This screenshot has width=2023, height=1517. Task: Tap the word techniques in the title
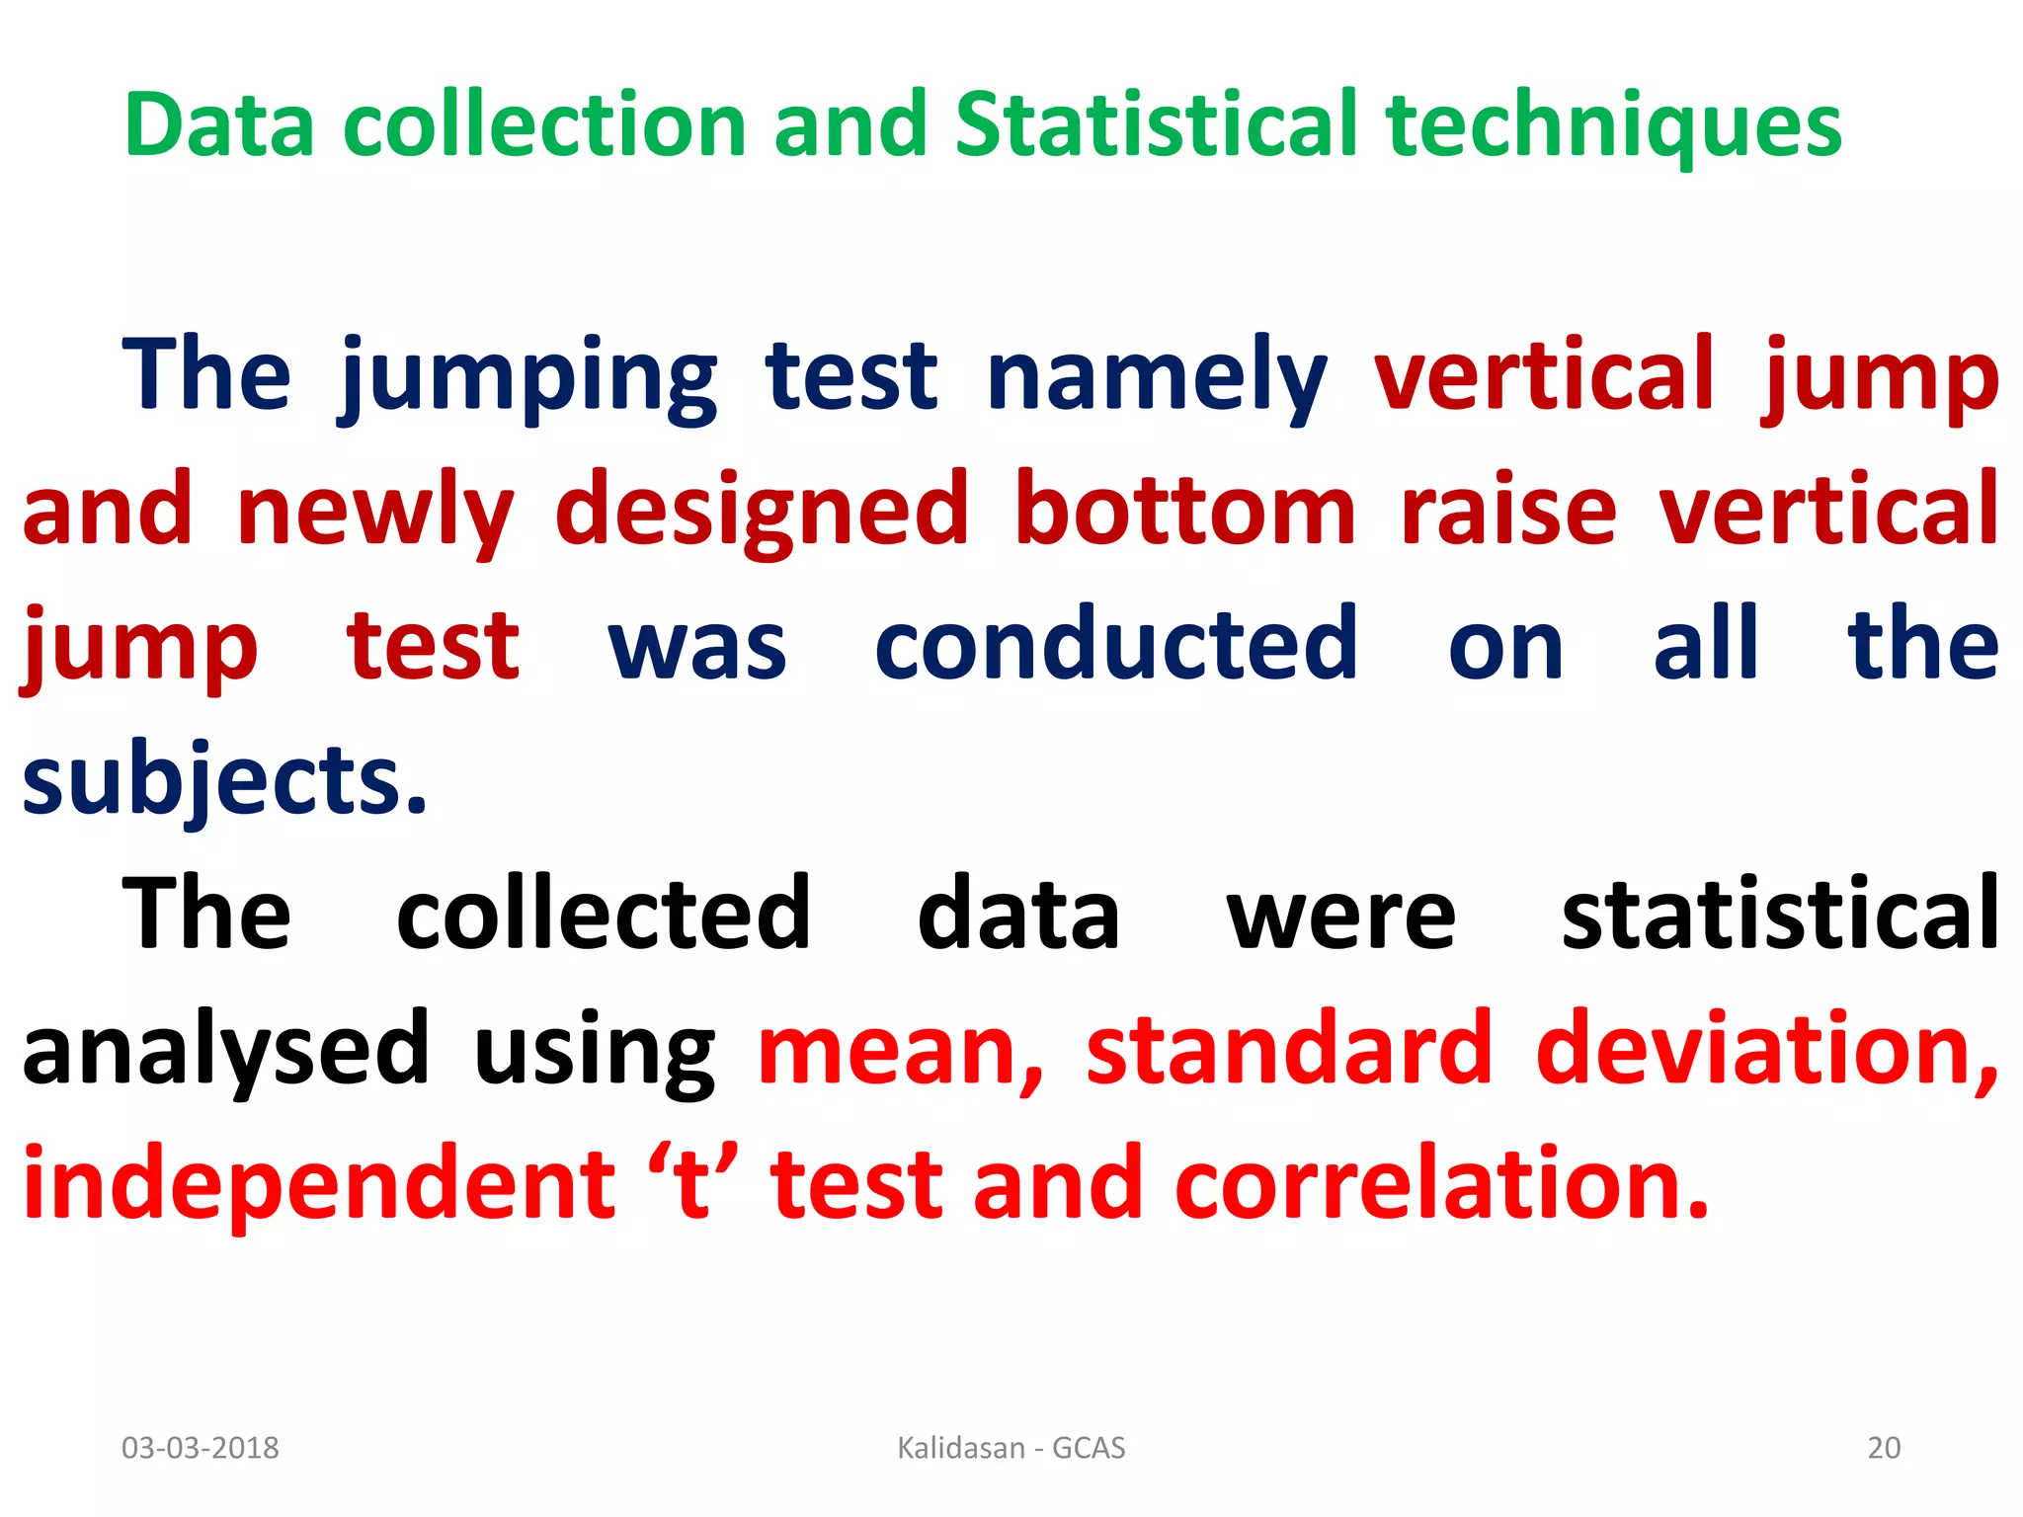tap(1614, 125)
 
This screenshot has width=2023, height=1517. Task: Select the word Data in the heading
tap(219, 125)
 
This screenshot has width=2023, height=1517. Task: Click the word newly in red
tap(375, 511)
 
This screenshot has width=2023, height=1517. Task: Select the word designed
tap(762, 511)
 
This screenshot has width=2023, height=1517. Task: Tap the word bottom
tap(1185, 511)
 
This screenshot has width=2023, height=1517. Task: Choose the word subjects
tap(225, 780)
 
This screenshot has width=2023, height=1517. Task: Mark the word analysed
tap(225, 1049)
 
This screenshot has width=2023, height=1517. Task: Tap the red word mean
tap(900, 1049)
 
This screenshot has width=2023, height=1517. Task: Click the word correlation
tap(1441, 1184)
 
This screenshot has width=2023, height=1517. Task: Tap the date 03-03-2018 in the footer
tap(201, 1448)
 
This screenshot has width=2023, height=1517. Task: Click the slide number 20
tap(1884, 1448)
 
